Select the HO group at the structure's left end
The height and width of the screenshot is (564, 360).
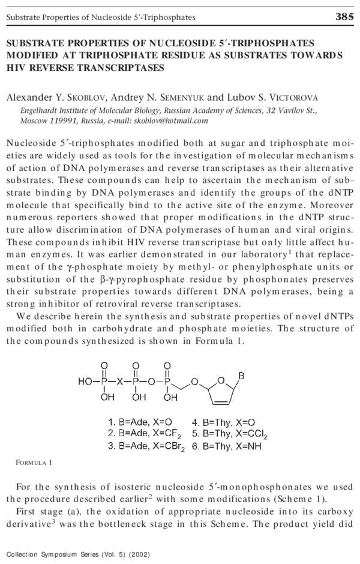[x=85, y=380]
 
